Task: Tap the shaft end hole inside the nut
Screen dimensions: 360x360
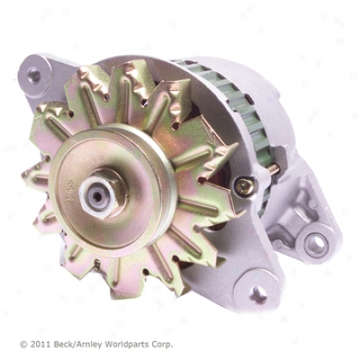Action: coord(97,195)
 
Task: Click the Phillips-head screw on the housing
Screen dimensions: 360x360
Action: coord(243,185)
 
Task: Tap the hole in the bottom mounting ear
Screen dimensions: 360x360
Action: coord(258,295)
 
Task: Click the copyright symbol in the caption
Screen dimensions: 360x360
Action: coord(24,344)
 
